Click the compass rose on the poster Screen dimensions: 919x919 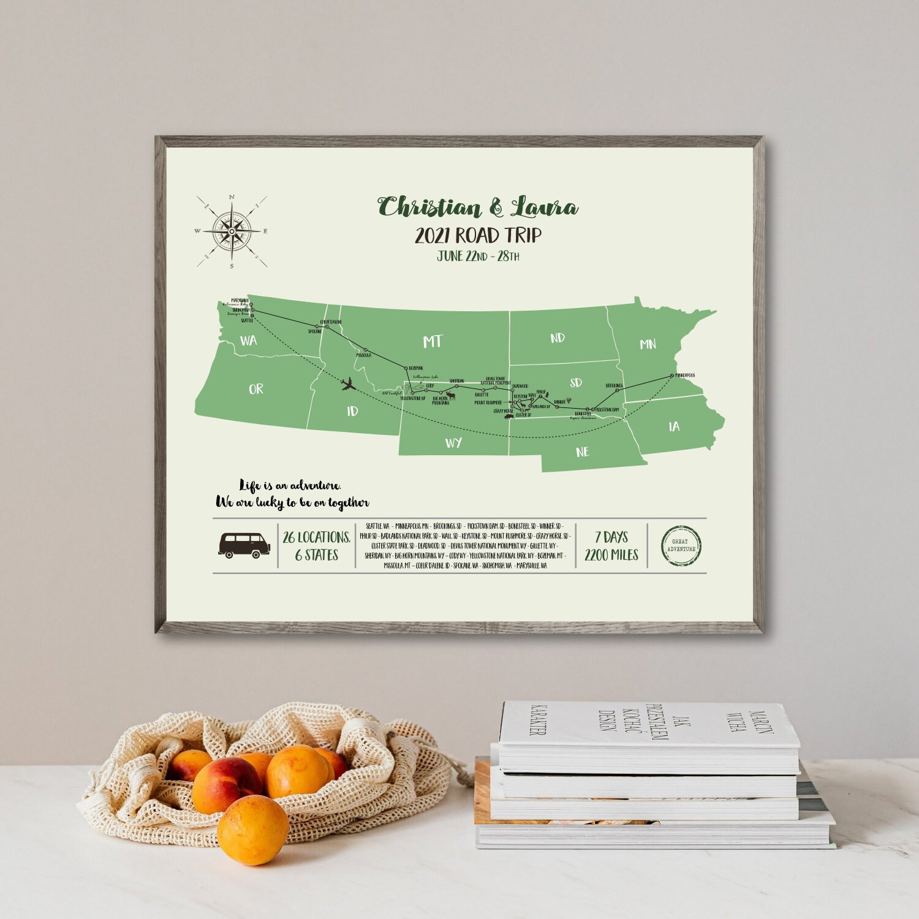[x=232, y=232]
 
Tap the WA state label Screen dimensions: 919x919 [x=249, y=341]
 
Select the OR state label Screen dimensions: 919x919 [x=256, y=389]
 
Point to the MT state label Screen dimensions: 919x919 [x=432, y=341]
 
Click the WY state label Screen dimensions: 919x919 [x=453, y=443]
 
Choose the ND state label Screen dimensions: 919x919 [x=557, y=338]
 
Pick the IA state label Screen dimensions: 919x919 [x=674, y=426]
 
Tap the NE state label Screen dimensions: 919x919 [x=582, y=452]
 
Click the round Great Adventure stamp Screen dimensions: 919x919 [x=681, y=545]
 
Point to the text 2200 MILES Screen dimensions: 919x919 [x=611, y=555]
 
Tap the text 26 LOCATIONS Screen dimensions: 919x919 [x=316, y=537]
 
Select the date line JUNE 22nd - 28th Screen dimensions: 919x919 [x=478, y=256]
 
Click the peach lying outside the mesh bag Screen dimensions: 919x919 [x=252, y=830]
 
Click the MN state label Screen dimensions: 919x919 [x=648, y=344]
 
